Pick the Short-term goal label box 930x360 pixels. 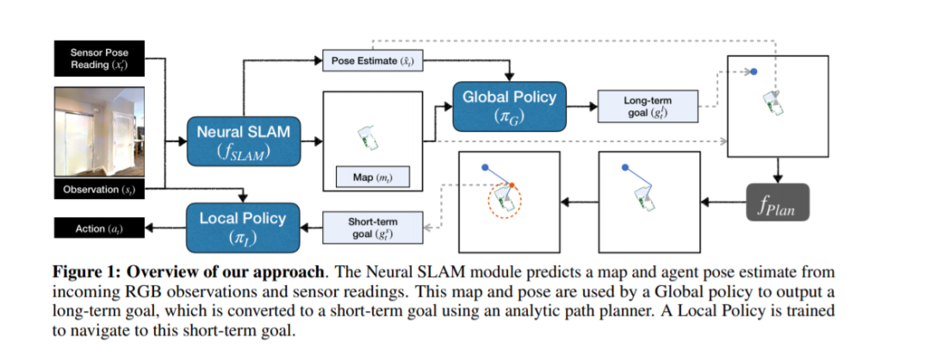click(371, 227)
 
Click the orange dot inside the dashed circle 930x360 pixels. click(512, 186)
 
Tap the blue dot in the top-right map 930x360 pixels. click(753, 73)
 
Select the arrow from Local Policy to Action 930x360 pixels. click(164, 228)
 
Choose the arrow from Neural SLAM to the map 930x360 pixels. click(307, 140)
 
